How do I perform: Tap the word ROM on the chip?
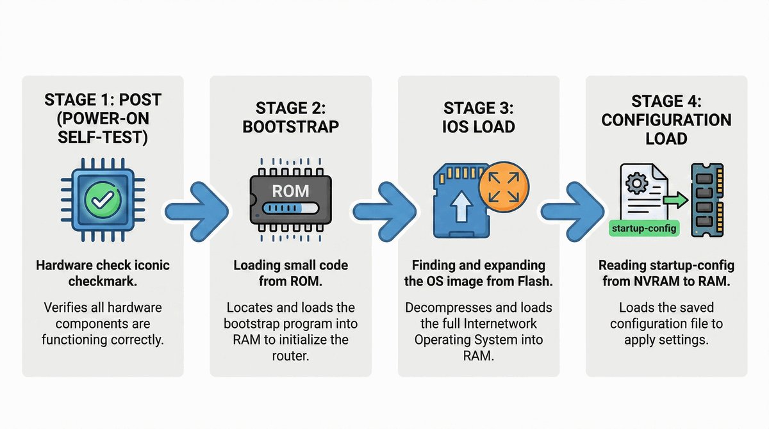coord(290,191)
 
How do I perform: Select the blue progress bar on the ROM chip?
coord(290,209)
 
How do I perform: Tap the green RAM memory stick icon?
coord(706,201)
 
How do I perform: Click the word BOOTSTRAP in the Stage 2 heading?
coord(290,127)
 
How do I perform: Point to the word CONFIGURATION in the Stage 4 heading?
coord(666,120)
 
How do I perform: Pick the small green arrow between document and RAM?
coord(672,202)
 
